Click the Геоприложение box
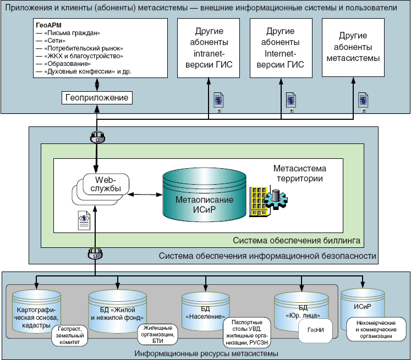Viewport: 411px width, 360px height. [x=97, y=98]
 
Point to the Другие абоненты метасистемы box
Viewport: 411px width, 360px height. [x=353, y=48]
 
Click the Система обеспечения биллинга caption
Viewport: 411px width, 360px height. [x=297, y=240]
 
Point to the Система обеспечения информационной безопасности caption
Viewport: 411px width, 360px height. [x=267, y=256]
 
